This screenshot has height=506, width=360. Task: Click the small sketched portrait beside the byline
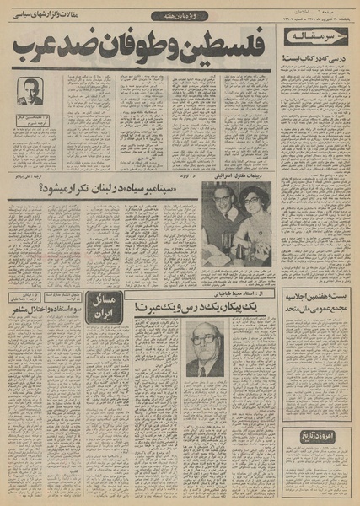30,90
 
